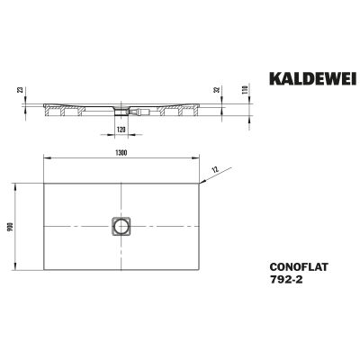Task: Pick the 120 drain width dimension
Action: point(121,130)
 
